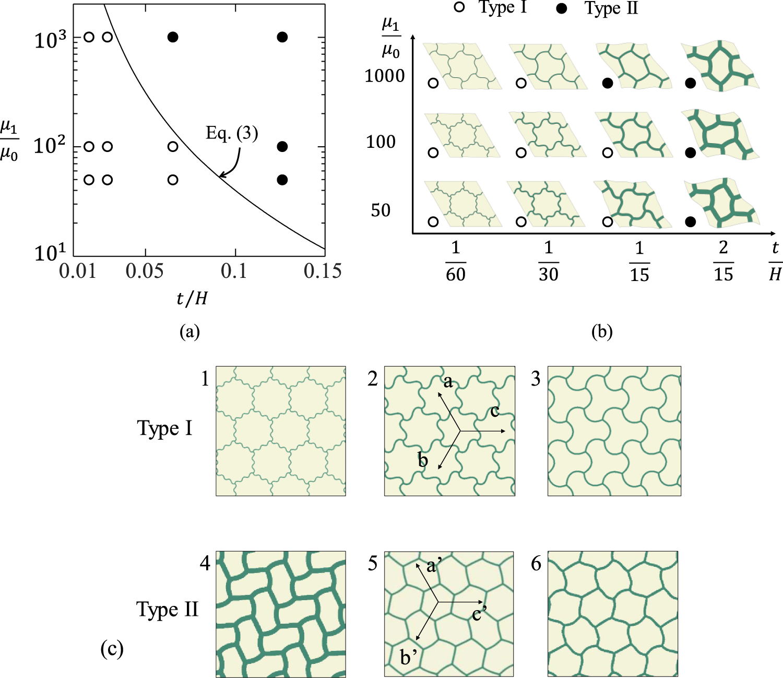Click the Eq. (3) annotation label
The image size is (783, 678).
coord(232,133)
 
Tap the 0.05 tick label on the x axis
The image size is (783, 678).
coord(144,271)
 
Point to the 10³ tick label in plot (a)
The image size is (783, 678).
coord(50,39)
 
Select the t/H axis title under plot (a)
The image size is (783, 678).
coord(192,298)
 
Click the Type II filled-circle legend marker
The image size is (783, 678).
coord(562,9)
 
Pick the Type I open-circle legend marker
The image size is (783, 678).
coord(459,8)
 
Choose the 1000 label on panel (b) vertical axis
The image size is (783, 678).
coord(384,76)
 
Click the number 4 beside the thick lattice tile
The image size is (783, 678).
coord(205,563)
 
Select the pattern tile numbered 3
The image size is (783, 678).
coord(614,430)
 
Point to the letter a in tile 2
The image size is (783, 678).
coord(448,382)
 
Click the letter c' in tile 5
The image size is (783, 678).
coord(479,613)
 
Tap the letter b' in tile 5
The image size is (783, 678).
coord(408,657)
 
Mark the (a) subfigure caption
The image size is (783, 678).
coord(189,331)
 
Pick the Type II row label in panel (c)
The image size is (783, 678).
coord(167,609)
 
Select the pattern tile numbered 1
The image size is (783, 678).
coord(281,430)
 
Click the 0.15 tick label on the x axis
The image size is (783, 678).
coord(323,271)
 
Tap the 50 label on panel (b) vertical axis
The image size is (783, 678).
coord(381,210)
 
